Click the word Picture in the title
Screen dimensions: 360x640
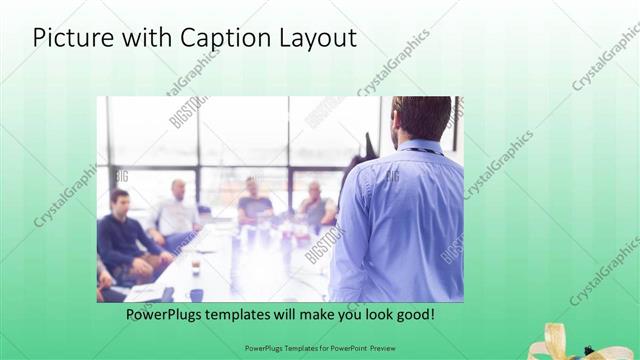[73, 38]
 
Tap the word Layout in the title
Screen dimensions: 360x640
[315, 39]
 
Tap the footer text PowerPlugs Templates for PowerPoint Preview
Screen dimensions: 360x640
[319, 349]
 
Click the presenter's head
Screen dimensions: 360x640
[421, 118]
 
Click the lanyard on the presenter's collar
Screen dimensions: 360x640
[420, 149]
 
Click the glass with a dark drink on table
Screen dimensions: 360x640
[196, 266]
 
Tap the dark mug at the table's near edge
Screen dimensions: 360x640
[196, 294]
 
